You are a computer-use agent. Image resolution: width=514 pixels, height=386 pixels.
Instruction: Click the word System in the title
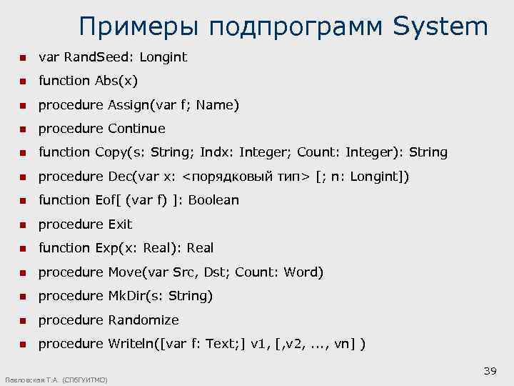click(x=440, y=27)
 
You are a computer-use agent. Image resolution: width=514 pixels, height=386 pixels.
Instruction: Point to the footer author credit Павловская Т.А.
click(x=32, y=380)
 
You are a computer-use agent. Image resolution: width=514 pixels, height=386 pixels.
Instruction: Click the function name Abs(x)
click(x=116, y=81)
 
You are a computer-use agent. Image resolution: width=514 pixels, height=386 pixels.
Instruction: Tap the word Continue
click(x=136, y=129)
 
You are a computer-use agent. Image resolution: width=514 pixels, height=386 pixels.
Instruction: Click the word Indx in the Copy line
click(x=214, y=152)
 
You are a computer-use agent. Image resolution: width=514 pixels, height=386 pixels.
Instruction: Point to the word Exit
click(x=120, y=224)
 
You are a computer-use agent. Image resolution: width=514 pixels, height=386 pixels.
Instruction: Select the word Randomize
click(x=143, y=320)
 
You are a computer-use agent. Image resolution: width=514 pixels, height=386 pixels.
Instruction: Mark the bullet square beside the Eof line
click(x=23, y=201)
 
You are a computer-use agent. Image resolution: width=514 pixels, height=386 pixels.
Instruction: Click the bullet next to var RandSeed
click(x=23, y=57)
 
